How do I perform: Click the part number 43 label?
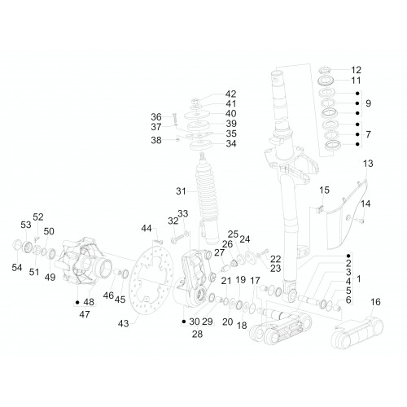click(x=123, y=323)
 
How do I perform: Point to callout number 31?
click(x=181, y=191)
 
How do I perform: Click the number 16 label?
click(x=375, y=302)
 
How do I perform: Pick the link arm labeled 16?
click(x=357, y=332)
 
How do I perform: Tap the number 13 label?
click(x=368, y=164)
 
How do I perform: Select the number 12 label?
click(x=357, y=70)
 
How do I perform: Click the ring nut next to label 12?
click(x=325, y=70)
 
